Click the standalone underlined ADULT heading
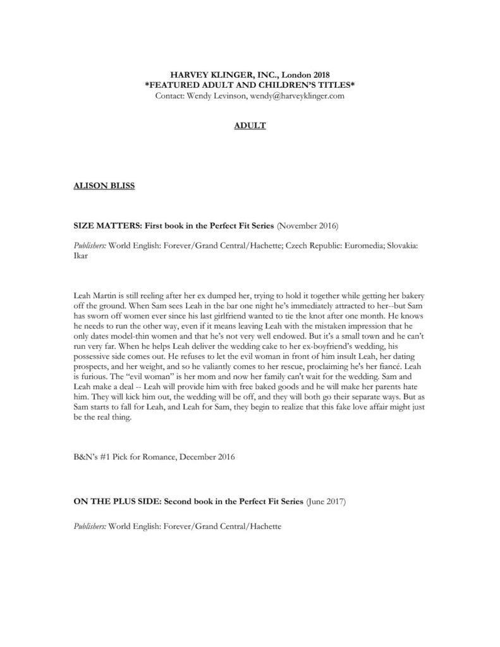(x=250, y=126)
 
